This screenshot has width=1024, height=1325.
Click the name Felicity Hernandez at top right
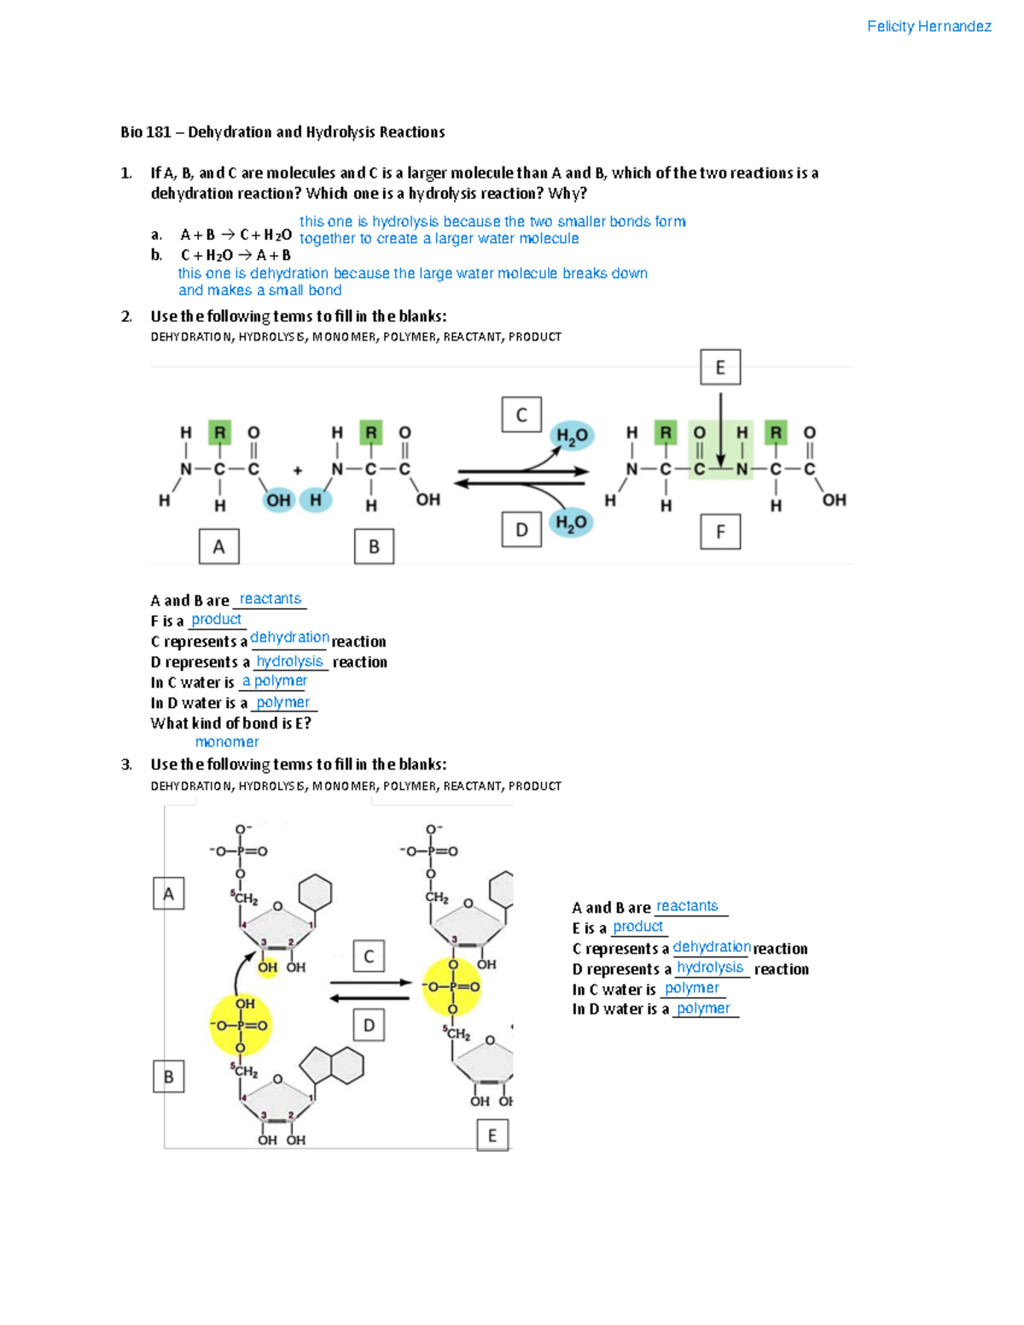click(x=928, y=26)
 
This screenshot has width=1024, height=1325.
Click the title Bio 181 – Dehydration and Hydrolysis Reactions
click(x=282, y=132)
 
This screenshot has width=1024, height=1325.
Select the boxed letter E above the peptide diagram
click(x=719, y=368)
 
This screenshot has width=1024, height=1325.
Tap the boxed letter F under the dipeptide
click(x=719, y=532)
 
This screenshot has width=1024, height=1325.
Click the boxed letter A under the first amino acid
click(x=218, y=546)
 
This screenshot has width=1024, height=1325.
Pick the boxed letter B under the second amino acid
click(x=374, y=546)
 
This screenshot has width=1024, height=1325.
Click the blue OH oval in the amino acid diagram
click(x=278, y=500)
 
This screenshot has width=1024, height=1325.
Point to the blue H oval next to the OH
click(x=316, y=500)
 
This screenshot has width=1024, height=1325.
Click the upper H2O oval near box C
click(x=572, y=436)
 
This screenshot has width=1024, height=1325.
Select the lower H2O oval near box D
click(x=571, y=522)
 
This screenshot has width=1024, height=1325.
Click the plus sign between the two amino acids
click(x=298, y=470)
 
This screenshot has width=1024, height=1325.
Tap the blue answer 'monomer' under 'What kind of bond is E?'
click(x=226, y=742)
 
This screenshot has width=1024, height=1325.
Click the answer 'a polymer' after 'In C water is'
click(x=274, y=681)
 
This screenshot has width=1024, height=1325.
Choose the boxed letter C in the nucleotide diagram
click(x=369, y=956)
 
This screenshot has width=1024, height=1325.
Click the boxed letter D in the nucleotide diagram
click(x=369, y=1025)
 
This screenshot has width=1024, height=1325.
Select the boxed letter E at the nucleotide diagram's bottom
click(x=492, y=1136)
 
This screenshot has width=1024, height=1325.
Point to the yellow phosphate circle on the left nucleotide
click(x=241, y=1025)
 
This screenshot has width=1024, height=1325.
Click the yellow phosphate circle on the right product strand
click(x=452, y=986)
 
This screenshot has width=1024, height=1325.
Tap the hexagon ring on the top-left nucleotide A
click(x=315, y=892)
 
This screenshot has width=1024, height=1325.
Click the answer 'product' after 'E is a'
click(x=637, y=927)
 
